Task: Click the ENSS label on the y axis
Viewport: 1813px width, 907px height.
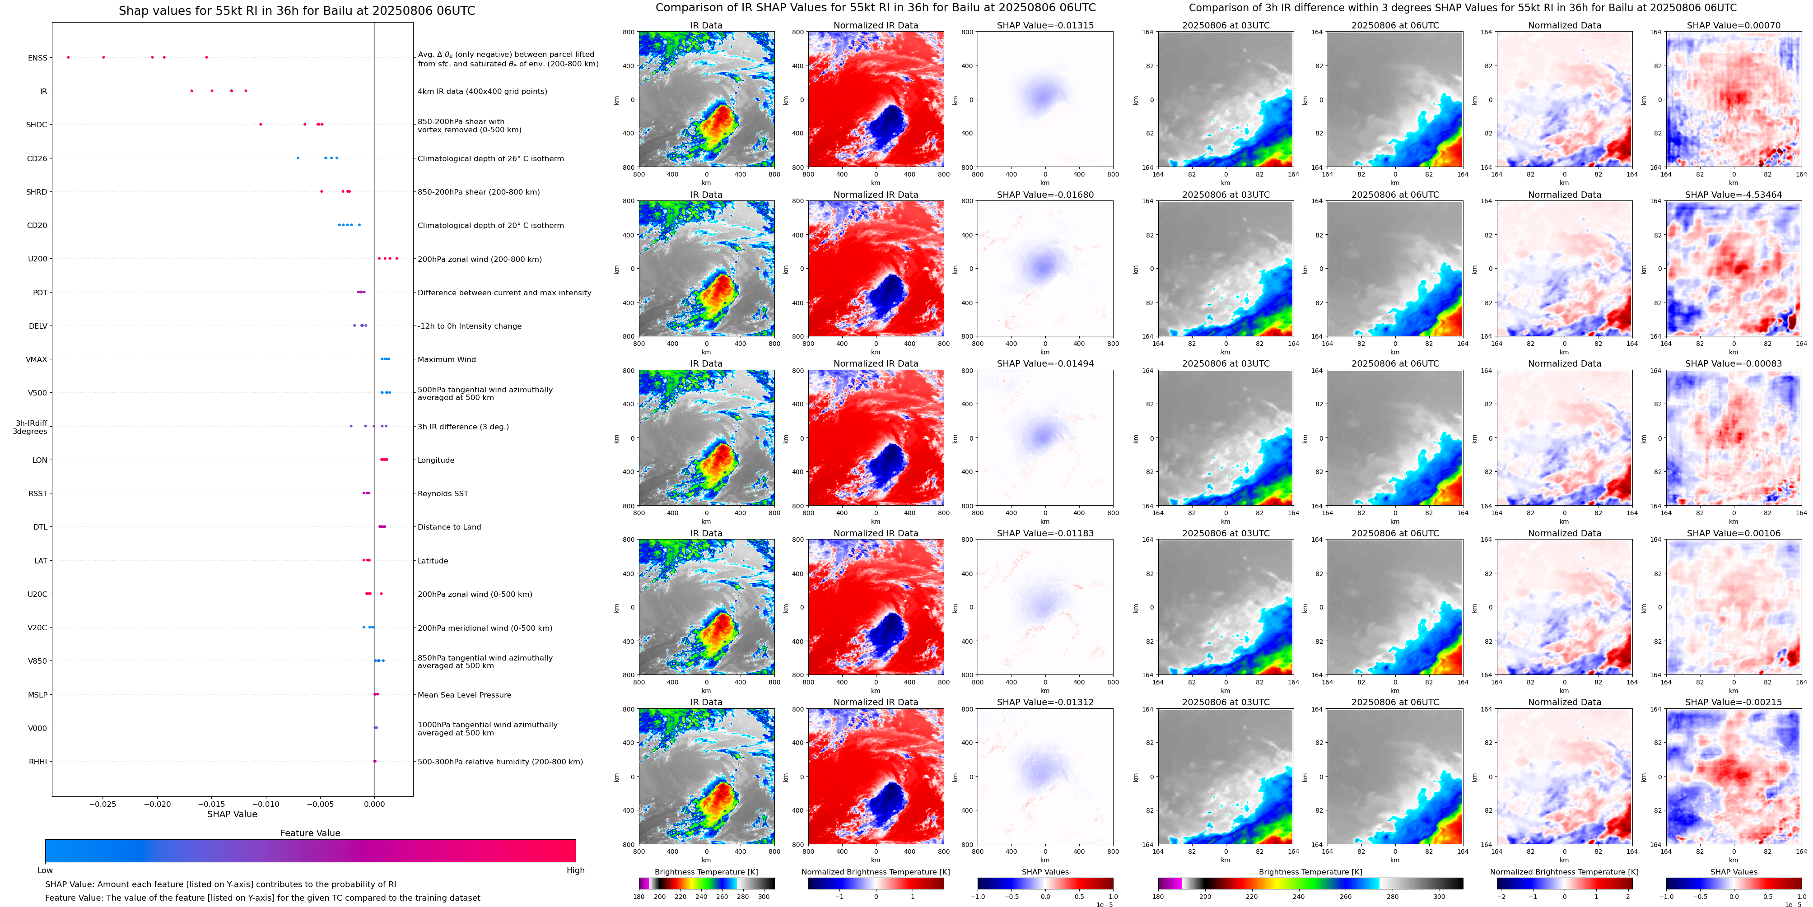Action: click(x=37, y=58)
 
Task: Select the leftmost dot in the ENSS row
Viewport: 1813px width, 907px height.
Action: click(x=68, y=57)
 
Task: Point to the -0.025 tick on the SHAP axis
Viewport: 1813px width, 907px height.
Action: click(x=103, y=804)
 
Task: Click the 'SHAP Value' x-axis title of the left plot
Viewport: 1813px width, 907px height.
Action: click(x=232, y=814)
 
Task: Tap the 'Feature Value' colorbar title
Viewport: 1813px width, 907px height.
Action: click(x=310, y=833)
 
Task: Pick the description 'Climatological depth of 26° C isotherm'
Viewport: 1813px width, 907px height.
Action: click(x=490, y=158)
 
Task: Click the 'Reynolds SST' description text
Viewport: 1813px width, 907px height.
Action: click(x=443, y=493)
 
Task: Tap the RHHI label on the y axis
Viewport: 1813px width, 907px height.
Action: click(x=37, y=761)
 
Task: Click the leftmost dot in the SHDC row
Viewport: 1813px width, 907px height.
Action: click(x=261, y=125)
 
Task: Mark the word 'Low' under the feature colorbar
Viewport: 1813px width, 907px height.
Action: click(x=45, y=870)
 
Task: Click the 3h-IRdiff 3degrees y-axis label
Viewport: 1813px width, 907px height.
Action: click(x=30, y=427)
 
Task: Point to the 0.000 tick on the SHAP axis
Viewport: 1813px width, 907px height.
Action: click(x=374, y=804)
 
